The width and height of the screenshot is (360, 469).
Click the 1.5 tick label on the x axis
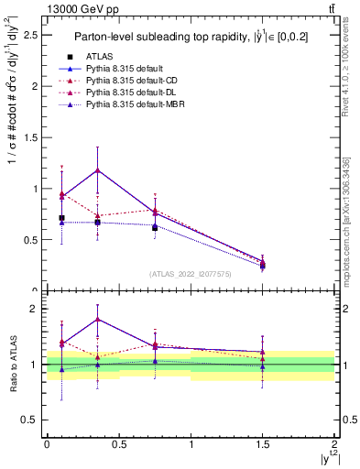tap(263, 443)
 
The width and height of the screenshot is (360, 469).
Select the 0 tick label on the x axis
tap(47, 443)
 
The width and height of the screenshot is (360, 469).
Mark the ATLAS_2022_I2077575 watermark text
tap(190, 274)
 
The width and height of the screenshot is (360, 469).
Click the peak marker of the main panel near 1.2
tap(97, 169)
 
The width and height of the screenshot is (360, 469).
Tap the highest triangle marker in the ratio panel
tap(97, 319)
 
